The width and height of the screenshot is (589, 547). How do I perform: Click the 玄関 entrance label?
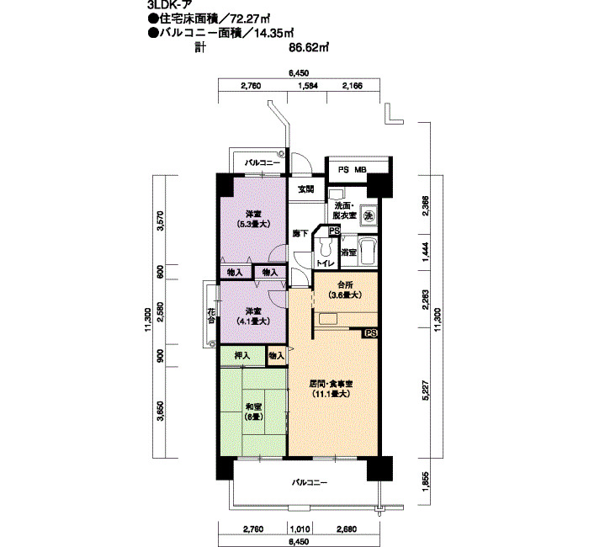(305, 189)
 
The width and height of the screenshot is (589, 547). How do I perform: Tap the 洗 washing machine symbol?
(368, 215)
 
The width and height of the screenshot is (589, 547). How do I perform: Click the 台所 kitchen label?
(345, 285)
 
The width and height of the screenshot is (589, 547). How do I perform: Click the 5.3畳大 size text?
(252, 225)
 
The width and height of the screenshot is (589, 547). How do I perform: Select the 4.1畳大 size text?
(252, 321)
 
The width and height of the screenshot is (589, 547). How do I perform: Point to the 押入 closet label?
(242, 356)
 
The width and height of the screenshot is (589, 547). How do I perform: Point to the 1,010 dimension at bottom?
(300, 529)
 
